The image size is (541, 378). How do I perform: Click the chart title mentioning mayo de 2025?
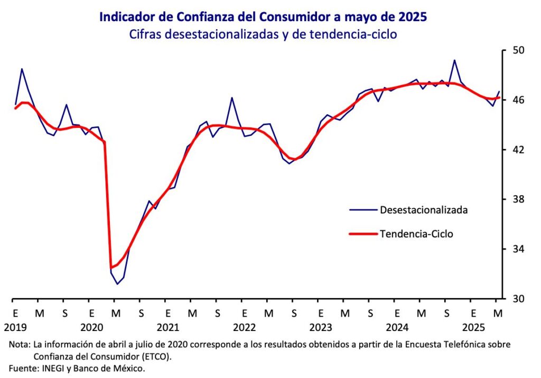coord(263,17)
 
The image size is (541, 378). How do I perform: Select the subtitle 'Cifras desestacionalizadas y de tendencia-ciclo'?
coord(263,34)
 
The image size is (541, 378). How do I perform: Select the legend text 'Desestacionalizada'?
coord(424,210)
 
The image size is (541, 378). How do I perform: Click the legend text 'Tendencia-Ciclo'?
coord(416,234)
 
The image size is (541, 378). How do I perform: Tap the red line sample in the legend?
coord(363,234)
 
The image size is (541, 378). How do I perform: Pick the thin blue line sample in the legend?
coord(363,210)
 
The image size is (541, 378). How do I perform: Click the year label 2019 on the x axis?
coord(15,327)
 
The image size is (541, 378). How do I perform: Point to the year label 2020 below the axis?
coord(91,327)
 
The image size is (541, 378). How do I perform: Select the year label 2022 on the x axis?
coord(244,327)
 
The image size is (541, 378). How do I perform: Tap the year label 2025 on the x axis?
coord(473,327)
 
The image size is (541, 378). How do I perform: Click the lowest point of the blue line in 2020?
coord(117,284)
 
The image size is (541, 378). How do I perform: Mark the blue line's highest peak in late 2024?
coord(454,60)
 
